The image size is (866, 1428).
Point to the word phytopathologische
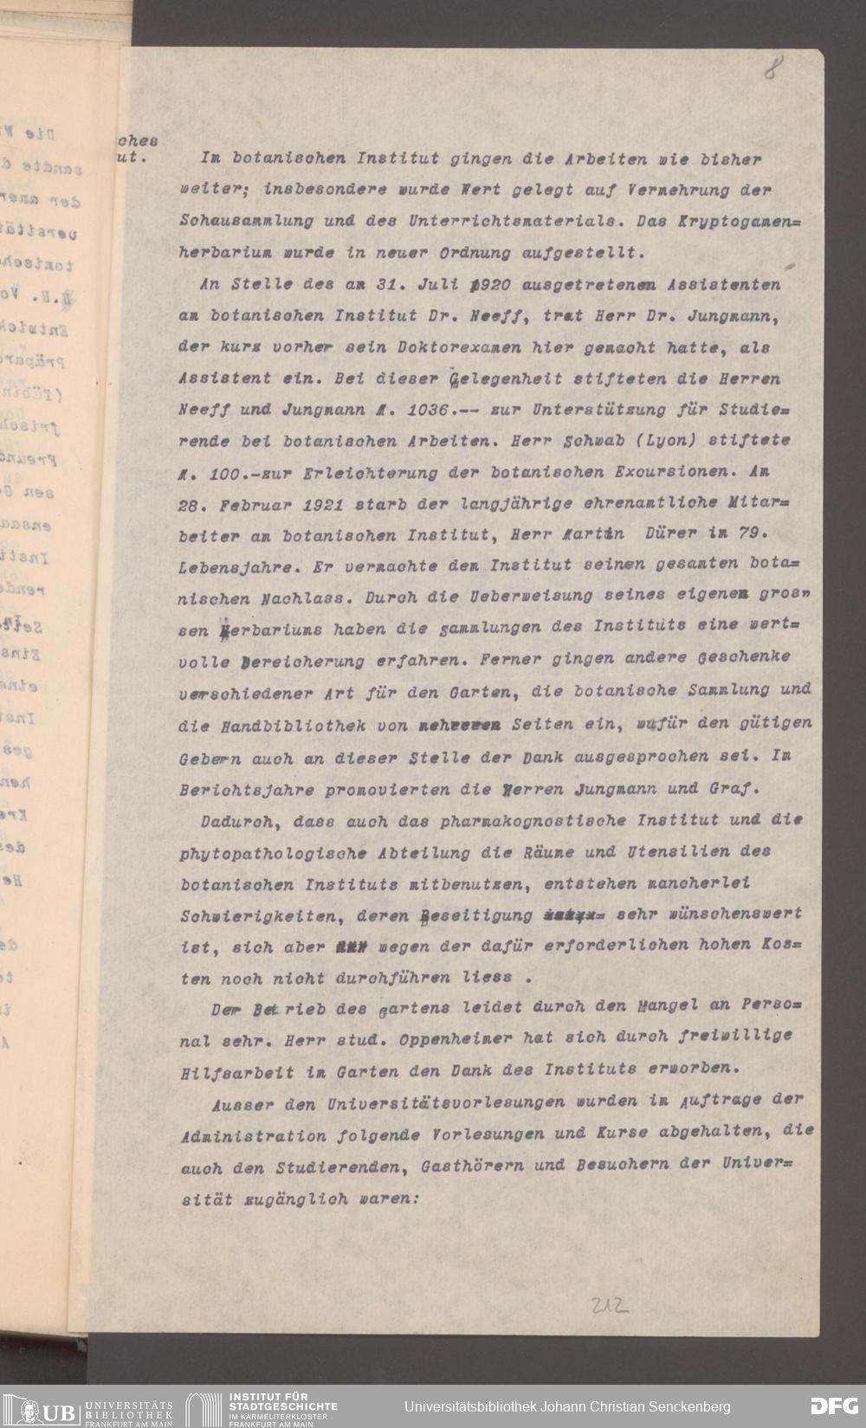coord(269,853)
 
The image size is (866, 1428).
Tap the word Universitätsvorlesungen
coord(446,1103)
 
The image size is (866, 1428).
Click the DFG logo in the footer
coord(833,1406)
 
